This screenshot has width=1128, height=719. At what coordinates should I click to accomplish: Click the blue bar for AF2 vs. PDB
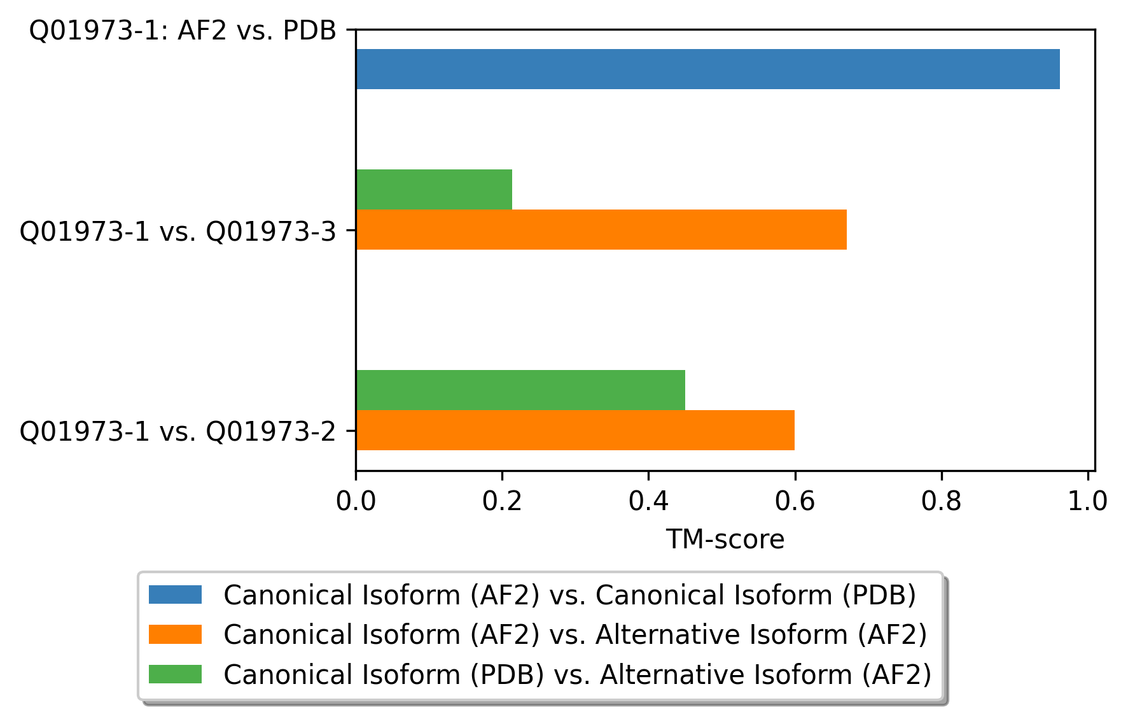pyautogui.click(x=707, y=69)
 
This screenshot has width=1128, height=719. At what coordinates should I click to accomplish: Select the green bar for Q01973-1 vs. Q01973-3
pyautogui.click(x=434, y=189)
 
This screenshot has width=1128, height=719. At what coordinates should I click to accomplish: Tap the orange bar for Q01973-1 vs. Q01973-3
pyautogui.click(x=601, y=229)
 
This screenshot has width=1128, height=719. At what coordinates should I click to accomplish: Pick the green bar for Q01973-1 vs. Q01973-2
pyautogui.click(x=520, y=390)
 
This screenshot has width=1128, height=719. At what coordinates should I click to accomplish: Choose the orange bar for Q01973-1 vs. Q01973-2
pyautogui.click(x=575, y=430)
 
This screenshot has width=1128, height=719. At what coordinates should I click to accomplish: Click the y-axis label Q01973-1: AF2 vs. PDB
pyautogui.click(x=183, y=30)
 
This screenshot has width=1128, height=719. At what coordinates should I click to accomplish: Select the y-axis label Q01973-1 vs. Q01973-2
pyautogui.click(x=178, y=431)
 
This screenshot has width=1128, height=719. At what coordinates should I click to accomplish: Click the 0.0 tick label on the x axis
pyautogui.click(x=356, y=501)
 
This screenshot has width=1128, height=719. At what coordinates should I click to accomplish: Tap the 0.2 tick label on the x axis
pyautogui.click(x=502, y=501)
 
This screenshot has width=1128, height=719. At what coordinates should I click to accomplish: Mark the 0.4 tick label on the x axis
pyautogui.click(x=648, y=501)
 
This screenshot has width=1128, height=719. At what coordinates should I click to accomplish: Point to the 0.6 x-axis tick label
pyautogui.click(x=795, y=501)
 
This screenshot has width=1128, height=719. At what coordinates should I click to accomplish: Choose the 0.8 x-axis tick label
pyautogui.click(x=941, y=501)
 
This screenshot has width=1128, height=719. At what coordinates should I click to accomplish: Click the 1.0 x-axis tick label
pyautogui.click(x=1087, y=501)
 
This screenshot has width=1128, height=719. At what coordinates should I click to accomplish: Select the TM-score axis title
pyautogui.click(x=725, y=539)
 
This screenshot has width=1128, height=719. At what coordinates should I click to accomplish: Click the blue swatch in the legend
pyautogui.click(x=175, y=595)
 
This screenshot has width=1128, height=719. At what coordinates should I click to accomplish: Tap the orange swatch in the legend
pyautogui.click(x=175, y=634)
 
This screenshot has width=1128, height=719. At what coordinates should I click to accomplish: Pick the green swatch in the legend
pyautogui.click(x=175, y=674)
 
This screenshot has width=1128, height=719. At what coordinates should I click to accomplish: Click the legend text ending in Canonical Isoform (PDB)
pyautogui.click(x=570, y=595)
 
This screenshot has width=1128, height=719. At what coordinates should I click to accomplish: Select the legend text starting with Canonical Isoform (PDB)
pyautogui.click(x=578, y=674)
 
